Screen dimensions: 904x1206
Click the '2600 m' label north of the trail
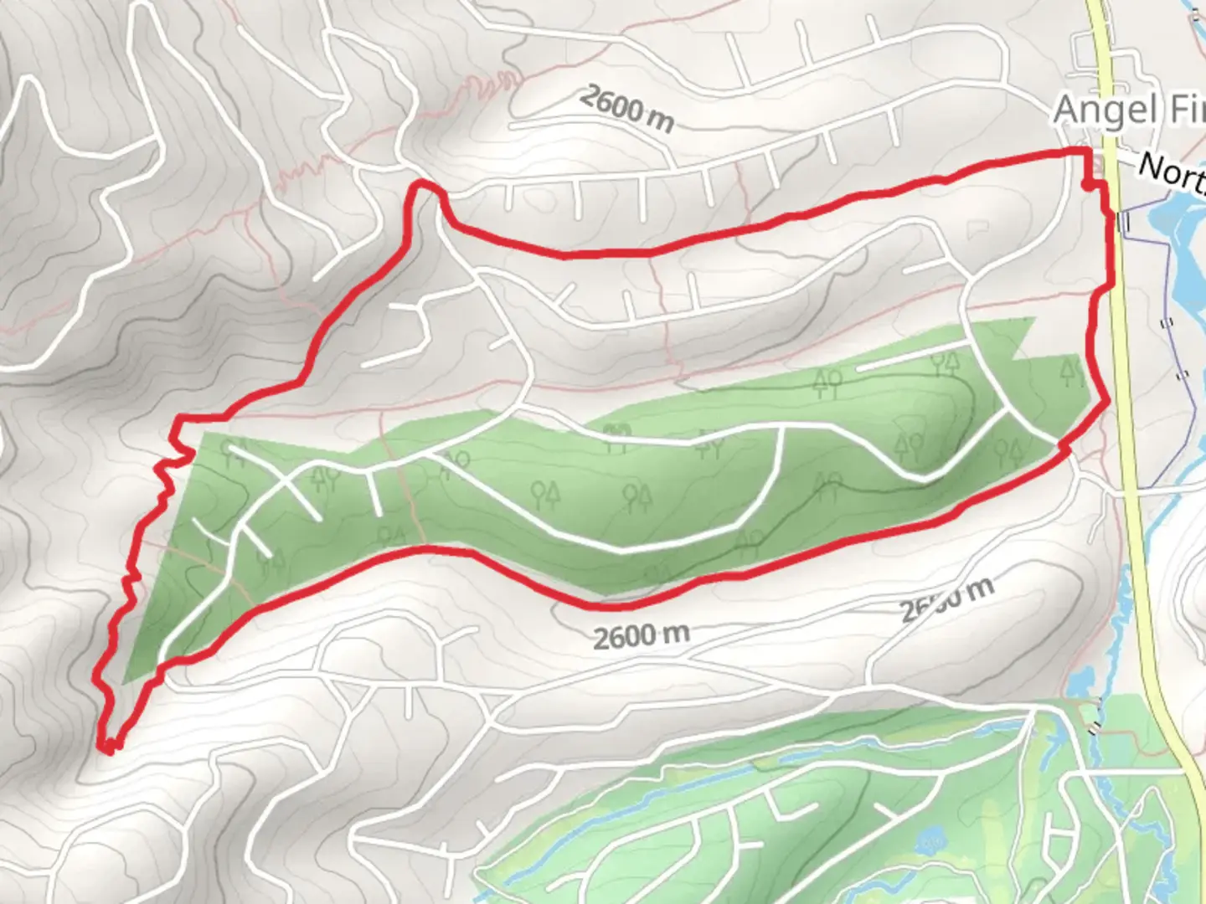626,109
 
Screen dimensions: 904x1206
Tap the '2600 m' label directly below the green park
642,636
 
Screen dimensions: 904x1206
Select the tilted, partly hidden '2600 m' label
946,598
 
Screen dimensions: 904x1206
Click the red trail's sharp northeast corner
1086,152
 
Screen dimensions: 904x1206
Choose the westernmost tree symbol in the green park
232,453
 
